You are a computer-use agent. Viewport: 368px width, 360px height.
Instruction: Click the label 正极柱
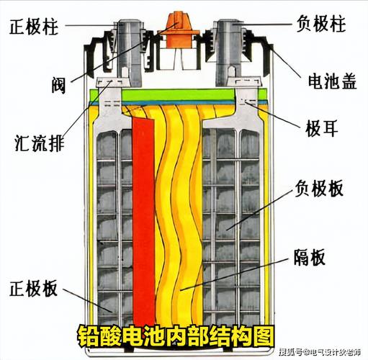(x=34, y=27)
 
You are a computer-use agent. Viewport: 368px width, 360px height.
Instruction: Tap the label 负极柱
(x=321, y=24)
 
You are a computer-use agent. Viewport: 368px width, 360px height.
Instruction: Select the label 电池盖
(x=332, y=81)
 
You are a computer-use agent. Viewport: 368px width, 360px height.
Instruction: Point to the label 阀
(x=59, y=86)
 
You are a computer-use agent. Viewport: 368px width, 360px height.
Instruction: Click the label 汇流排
(x=40, y=143)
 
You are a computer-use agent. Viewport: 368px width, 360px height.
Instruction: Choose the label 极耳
(x=322, y=128)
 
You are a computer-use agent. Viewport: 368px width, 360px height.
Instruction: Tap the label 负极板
(x=319, y=189)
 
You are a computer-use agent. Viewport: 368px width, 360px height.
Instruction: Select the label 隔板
(x=310, y=257)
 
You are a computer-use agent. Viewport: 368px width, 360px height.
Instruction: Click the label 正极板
(x=33, y=288)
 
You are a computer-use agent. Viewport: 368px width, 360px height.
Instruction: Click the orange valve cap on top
(x=179, y=30)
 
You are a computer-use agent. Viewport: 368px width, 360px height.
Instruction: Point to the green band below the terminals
(x=178, y=95)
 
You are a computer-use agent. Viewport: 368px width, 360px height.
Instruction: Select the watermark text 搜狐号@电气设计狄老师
(x=320, y=352)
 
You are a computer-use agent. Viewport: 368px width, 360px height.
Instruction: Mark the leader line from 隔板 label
(x=234, y=275)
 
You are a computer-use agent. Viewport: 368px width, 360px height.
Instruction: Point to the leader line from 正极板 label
(x=88, y=300)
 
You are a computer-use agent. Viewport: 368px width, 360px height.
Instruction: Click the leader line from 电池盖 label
(x=286, y=61)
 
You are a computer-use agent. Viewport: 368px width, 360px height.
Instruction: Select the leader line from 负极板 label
(x=260, y=209)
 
